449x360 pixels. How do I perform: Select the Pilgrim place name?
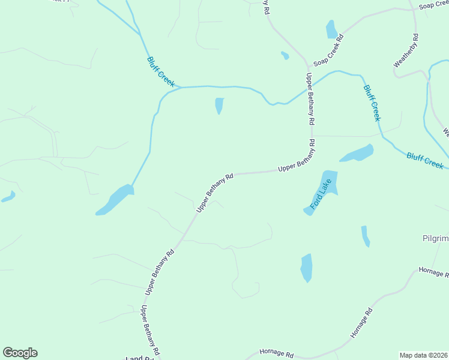435,238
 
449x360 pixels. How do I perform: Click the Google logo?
20,353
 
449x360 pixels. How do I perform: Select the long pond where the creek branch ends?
115,200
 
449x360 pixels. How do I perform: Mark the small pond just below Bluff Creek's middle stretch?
219,106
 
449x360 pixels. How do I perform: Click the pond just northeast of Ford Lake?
357,154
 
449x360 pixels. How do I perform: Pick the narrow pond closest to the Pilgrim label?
365,236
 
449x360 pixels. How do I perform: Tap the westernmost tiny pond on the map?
8,196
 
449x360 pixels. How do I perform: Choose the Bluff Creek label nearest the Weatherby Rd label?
372,103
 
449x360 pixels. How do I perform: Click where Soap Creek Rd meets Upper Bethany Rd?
308,65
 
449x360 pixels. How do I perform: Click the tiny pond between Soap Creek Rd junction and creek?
285,56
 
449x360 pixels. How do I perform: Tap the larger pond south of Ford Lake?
307,267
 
